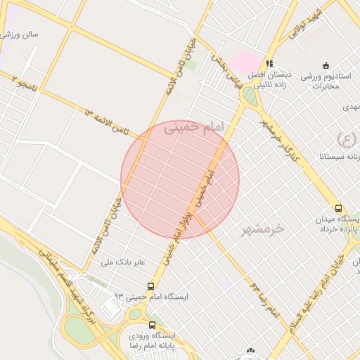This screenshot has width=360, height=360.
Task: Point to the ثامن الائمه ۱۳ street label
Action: [x=107, y=121]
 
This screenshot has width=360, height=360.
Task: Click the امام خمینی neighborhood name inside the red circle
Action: [x=193, y=129]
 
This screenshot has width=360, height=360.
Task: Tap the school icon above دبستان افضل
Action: [x=269, y=63]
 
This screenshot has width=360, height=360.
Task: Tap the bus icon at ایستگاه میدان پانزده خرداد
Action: [x=339, y=209]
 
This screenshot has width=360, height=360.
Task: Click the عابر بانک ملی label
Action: [x=123, y=262]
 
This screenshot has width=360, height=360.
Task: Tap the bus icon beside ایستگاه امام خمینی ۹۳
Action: [x=151, y=285]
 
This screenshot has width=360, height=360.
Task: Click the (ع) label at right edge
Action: [x=346, y=138]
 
